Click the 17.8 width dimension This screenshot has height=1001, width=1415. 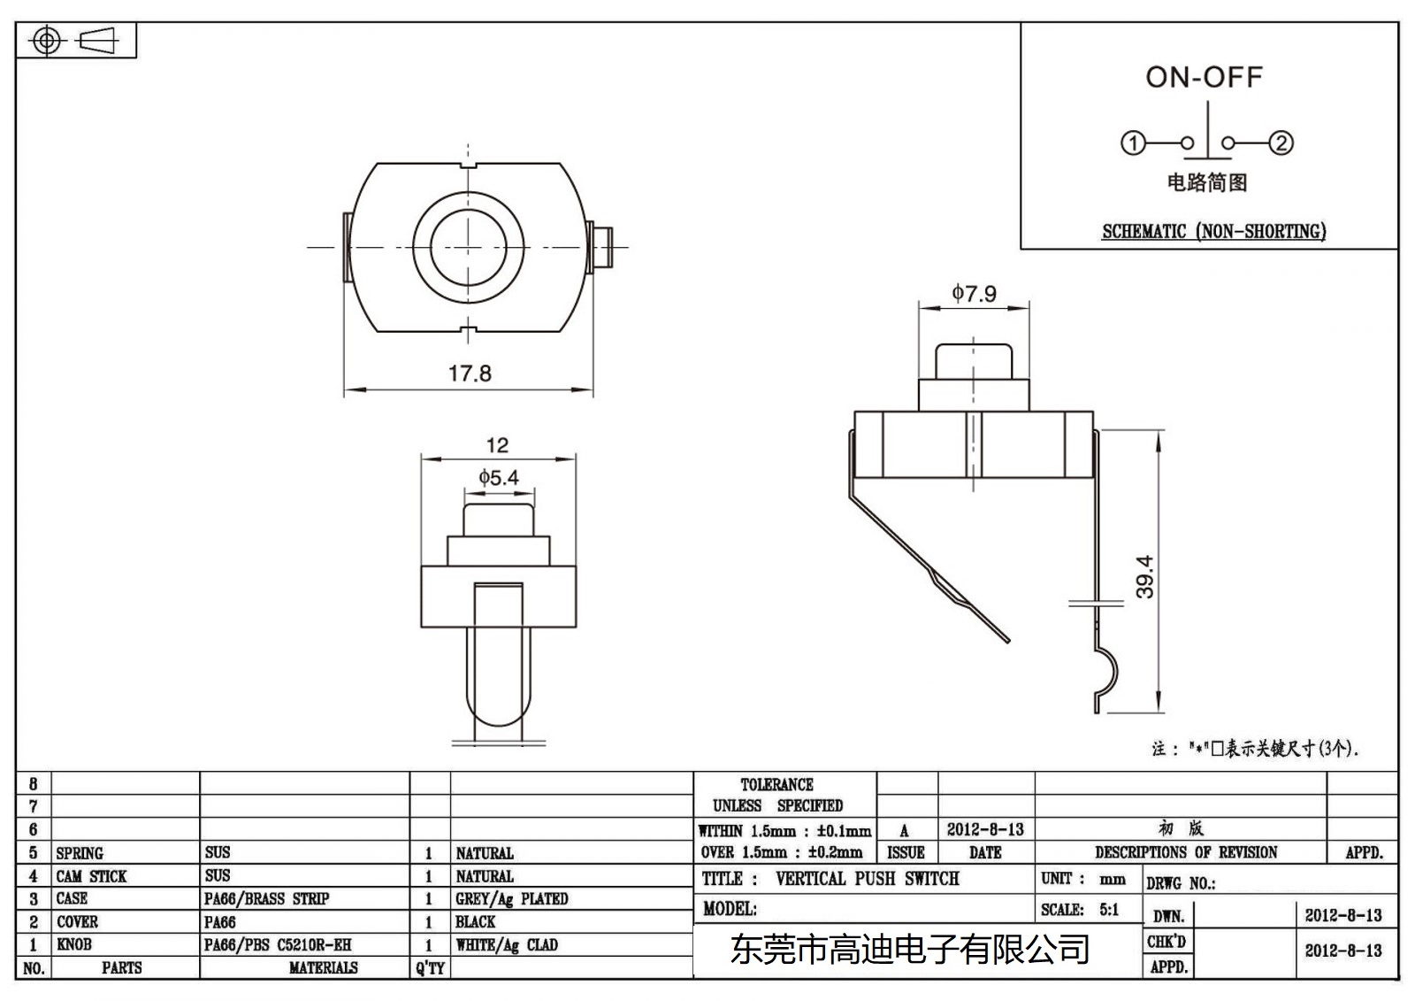[469, 373]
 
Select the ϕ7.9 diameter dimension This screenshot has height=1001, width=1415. [974, 293]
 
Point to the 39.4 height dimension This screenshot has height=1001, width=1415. [1144, 576]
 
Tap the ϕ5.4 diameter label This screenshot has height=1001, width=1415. [499, 478]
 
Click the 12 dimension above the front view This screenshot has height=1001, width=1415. [497, 445]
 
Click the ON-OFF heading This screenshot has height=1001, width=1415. [1204, 77]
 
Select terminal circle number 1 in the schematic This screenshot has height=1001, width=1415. [1133, 142]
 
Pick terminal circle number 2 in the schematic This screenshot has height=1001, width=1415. [1281, 142]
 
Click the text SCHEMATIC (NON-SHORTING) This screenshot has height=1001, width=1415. [1213, 232]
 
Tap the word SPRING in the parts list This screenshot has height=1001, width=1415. [80, 853]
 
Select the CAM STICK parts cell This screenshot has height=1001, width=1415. [91, 876]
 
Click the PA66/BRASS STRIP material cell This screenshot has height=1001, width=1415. [266, 899]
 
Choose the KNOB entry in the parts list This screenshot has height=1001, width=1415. [74, 944]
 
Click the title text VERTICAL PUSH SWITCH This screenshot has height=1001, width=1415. [867, 879]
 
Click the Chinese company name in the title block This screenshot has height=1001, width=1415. [909, 951]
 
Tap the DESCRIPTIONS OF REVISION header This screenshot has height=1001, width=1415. [1185, 852]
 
